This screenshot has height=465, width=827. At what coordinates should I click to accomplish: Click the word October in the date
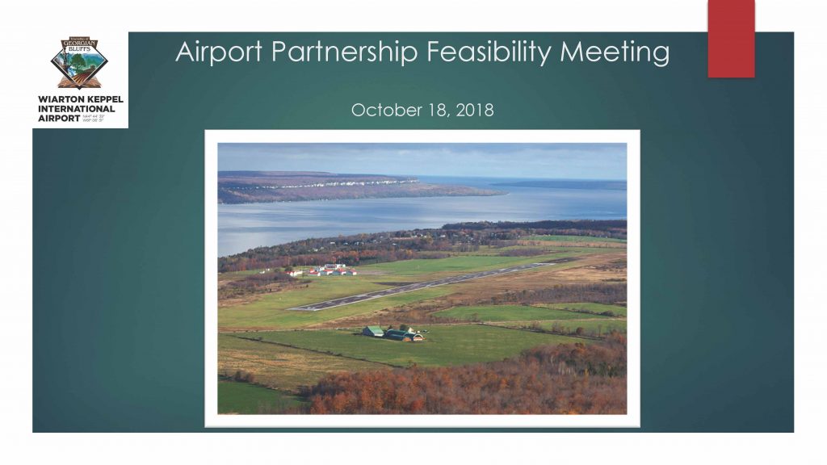click(x=380, y=111)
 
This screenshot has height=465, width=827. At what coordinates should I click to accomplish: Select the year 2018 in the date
click(x=475, y=111)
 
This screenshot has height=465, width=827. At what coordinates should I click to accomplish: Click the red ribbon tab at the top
click(x=731, y=38)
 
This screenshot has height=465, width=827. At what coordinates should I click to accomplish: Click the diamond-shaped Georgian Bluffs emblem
click(x=79, y=63)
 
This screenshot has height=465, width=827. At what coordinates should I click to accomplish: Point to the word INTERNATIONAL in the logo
click(x=77, y=109)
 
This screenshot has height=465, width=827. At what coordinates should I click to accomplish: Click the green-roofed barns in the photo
click(x=393, y=333)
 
